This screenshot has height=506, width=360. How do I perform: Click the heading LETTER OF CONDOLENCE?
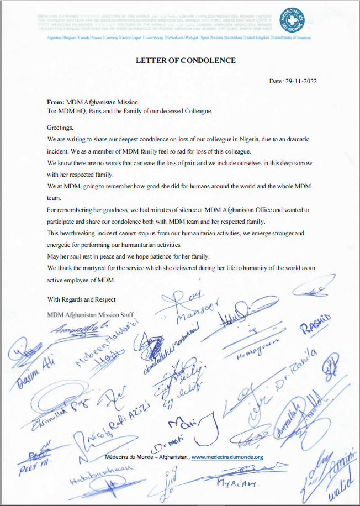click(186, 60)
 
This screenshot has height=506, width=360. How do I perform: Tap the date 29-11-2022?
click(301, 81)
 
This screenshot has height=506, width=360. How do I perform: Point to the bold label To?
click(52, 111)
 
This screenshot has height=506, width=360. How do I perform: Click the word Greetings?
click(60, 127)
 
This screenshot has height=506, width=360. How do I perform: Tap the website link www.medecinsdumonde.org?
click(227, 457)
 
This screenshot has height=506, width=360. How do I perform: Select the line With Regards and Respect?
click(82, 299)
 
